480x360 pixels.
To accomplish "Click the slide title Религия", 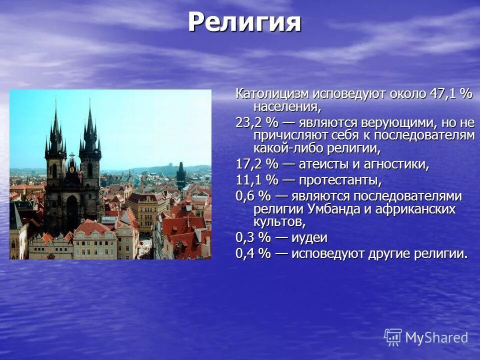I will (244, 23).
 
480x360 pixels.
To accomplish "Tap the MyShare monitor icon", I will (393, 337).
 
